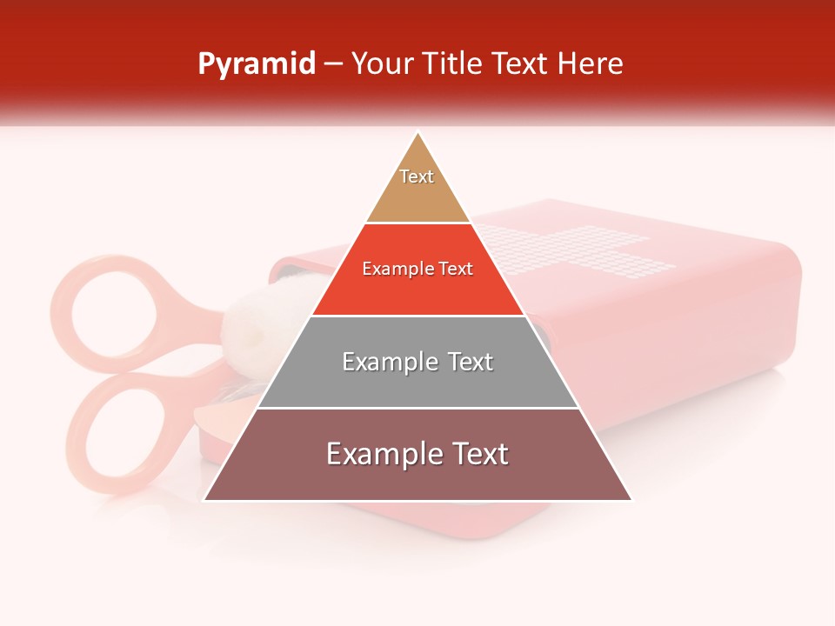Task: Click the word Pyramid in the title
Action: (x=256, y=64)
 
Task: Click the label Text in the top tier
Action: (x=417, y=176)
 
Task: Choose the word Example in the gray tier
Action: (x=380, y=362)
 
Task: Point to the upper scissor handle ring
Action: (x=113, y=313)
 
